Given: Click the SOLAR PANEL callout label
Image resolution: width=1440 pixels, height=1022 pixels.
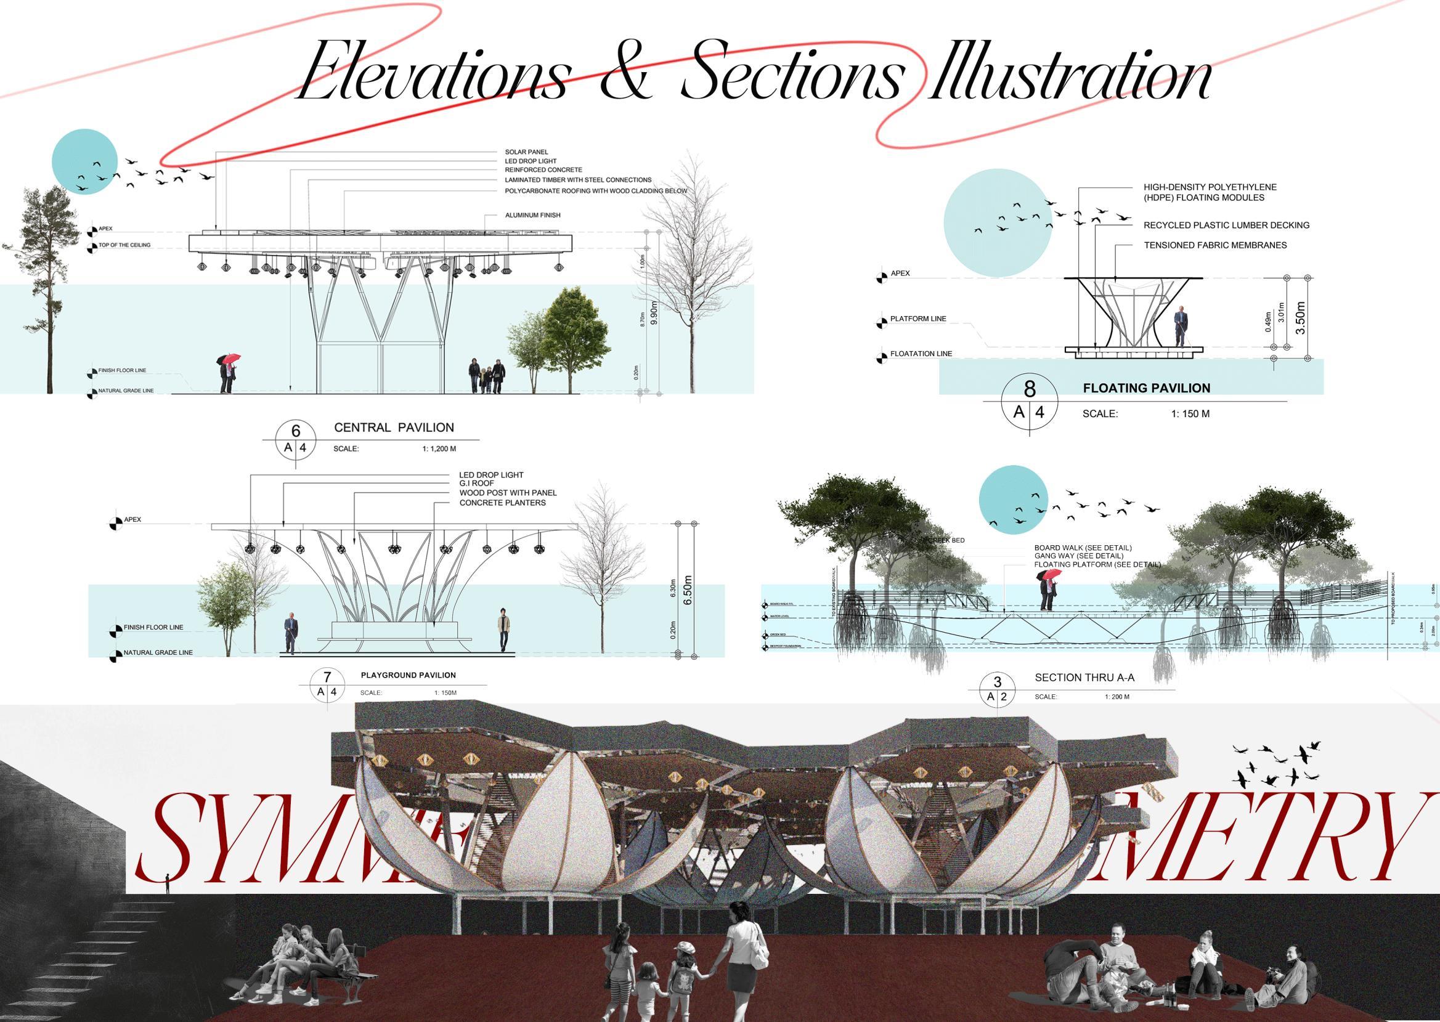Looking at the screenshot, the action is click(x=526, y=152).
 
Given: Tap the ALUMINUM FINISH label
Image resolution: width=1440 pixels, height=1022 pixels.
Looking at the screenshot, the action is click(x=532, y=215).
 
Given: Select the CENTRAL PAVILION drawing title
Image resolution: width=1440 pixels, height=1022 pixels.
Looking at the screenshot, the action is click(x=393, y=428).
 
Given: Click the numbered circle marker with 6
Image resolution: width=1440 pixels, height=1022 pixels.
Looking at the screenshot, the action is click(x=296, y=431).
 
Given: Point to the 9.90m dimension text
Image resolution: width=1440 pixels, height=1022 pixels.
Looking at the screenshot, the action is click(x=654, y=313).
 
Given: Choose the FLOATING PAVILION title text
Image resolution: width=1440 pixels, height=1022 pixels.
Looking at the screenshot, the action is click(x=1146, y=388).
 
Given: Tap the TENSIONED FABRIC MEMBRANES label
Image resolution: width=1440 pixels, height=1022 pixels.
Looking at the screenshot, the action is click(x=1214, y=245).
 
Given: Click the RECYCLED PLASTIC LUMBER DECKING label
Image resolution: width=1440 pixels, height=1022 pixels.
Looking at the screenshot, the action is click(x=1226, y=225).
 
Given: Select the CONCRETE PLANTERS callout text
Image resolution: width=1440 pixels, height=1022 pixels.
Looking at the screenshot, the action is click(x=502, y=503).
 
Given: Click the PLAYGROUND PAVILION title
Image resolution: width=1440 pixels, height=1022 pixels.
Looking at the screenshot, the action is click(x=408, y=675).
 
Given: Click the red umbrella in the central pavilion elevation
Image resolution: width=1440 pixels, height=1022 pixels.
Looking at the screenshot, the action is click(x=232, y=359).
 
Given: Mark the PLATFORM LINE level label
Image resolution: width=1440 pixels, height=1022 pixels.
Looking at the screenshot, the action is click(x=917, y=319).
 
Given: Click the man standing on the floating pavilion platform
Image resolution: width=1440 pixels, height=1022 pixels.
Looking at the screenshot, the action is click(x=1181, y=325).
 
